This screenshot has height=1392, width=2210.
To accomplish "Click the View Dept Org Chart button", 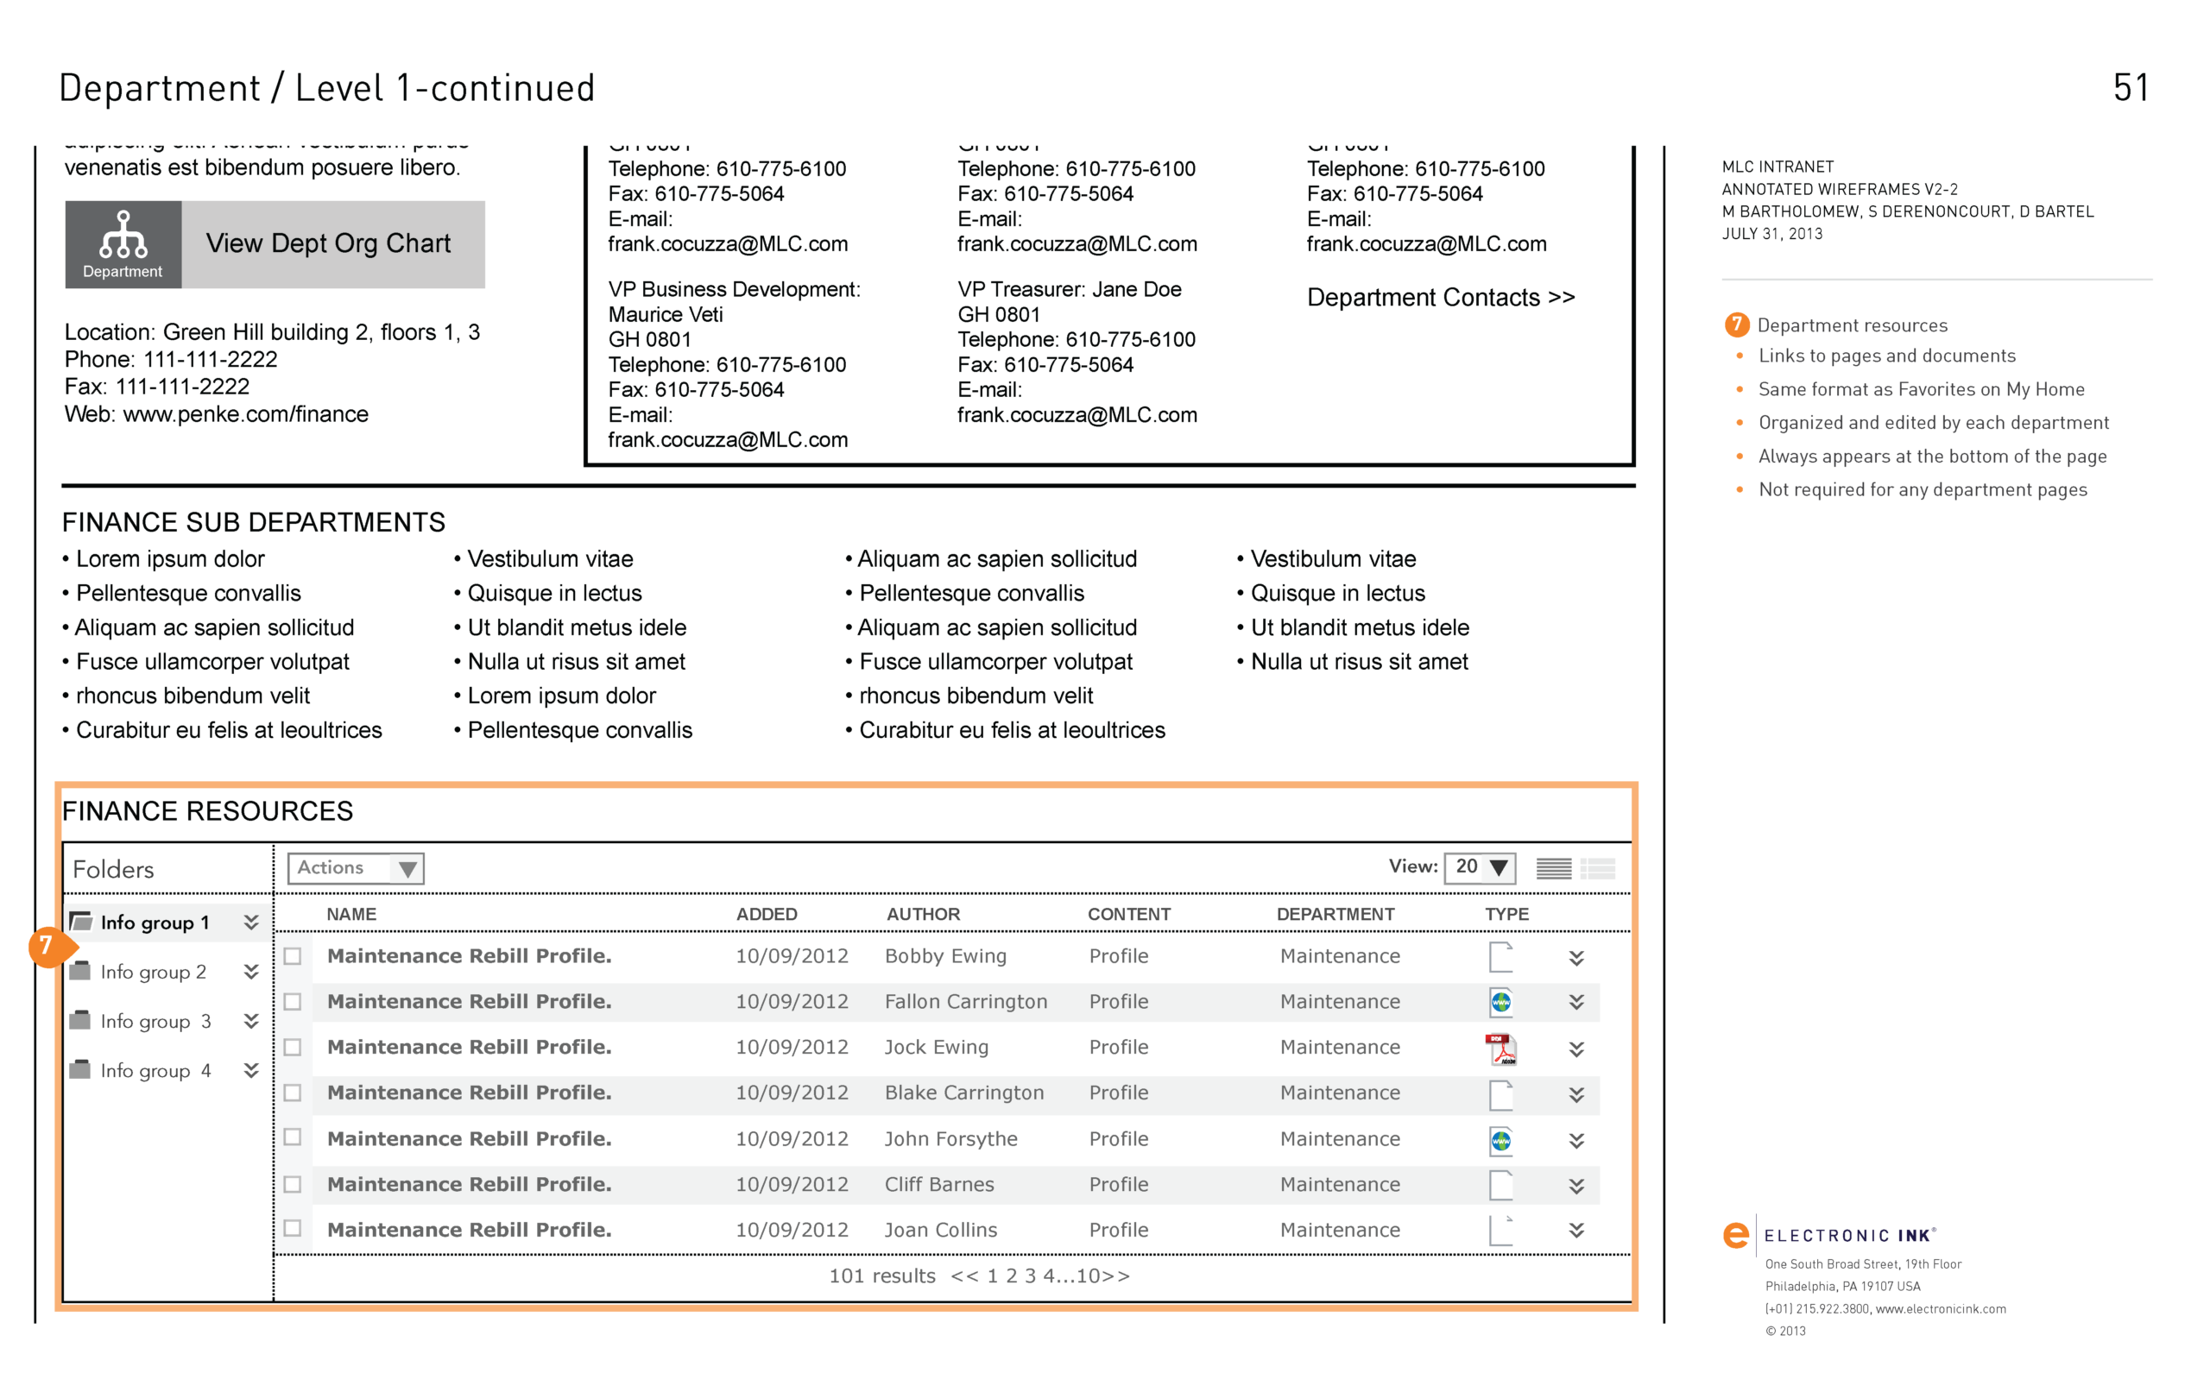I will pyautogui.click(x=275, y=244).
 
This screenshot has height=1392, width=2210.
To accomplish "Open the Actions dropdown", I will pyautogui.click(x=355, y=868).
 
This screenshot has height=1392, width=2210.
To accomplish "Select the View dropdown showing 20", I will pyautogui.click(x=1479, y=867).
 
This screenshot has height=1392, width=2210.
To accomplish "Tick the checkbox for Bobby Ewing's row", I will pyautogui.click(x=293, y=956).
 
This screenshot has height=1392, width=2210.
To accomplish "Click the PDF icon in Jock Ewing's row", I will pyautogui.click(x=1500, y=1048).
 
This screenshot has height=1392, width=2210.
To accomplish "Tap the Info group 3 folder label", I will pyautogui.click(x=155, y=1021).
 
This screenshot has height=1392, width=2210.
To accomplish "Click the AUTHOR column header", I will pyautogui.click(x=922, y=914).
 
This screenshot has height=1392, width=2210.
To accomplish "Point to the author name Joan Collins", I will pyautogui.click(x=940, y=1230).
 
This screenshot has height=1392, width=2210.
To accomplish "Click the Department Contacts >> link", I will pyautogui.click(x=1440, y=298).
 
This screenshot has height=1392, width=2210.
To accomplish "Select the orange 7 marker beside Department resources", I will pyautogui.click(x=1736, y=324).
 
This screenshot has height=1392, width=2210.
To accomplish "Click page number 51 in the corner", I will pyautogui.click(x=2131, y=88).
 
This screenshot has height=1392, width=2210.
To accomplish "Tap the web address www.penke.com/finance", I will pyautogui.click(x=245, y=415).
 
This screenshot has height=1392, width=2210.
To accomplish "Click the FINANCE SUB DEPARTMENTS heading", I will pyautogui.click(x=253, y=522).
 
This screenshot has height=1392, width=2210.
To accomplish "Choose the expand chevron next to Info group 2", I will pyautogui.click(x=250, y=972).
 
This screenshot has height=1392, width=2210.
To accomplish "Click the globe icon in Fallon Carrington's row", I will pyautogui.click(x=1500, y=1002).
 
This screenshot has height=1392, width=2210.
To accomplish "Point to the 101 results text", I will pyautogui.click(x=881, y=1275).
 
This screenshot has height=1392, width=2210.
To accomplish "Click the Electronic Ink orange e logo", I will pyautogui.click(x=1735, y=1235).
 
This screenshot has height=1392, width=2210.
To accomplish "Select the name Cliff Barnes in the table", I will pyautogui.click(x=939, y=1185).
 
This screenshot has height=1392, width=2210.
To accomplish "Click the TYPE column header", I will pyautogui.click(x=1506, y=914).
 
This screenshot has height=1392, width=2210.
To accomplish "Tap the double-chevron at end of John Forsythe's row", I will pyautogui.click(x=1575, y=1140).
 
